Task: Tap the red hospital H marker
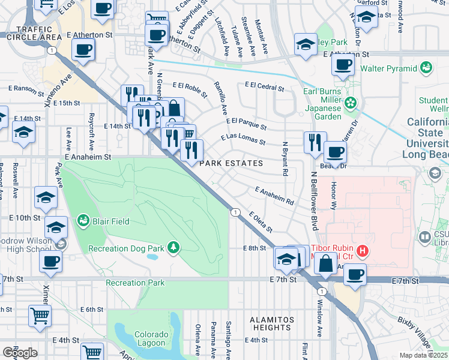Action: tap(362, 250)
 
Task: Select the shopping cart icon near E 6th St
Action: tap(40, 314)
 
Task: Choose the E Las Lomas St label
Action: tap(243, 139)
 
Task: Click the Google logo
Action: tap(20, 353)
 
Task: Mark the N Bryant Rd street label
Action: tap(285, 158)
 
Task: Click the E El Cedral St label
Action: tap(264, 87)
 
